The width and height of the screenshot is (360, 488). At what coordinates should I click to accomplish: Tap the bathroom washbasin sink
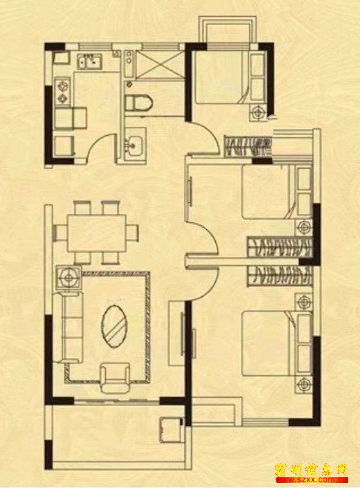pyautogui.click(x=135, y=144)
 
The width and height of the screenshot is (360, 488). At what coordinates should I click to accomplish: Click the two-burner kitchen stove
pyautogui.click(x=63, y=90)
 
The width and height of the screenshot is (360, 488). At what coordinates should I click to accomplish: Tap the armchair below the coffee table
pyautogui.click(x=114, y=376)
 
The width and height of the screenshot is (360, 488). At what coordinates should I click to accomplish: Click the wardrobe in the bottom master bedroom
pyautogui.click(x=279, y=276)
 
